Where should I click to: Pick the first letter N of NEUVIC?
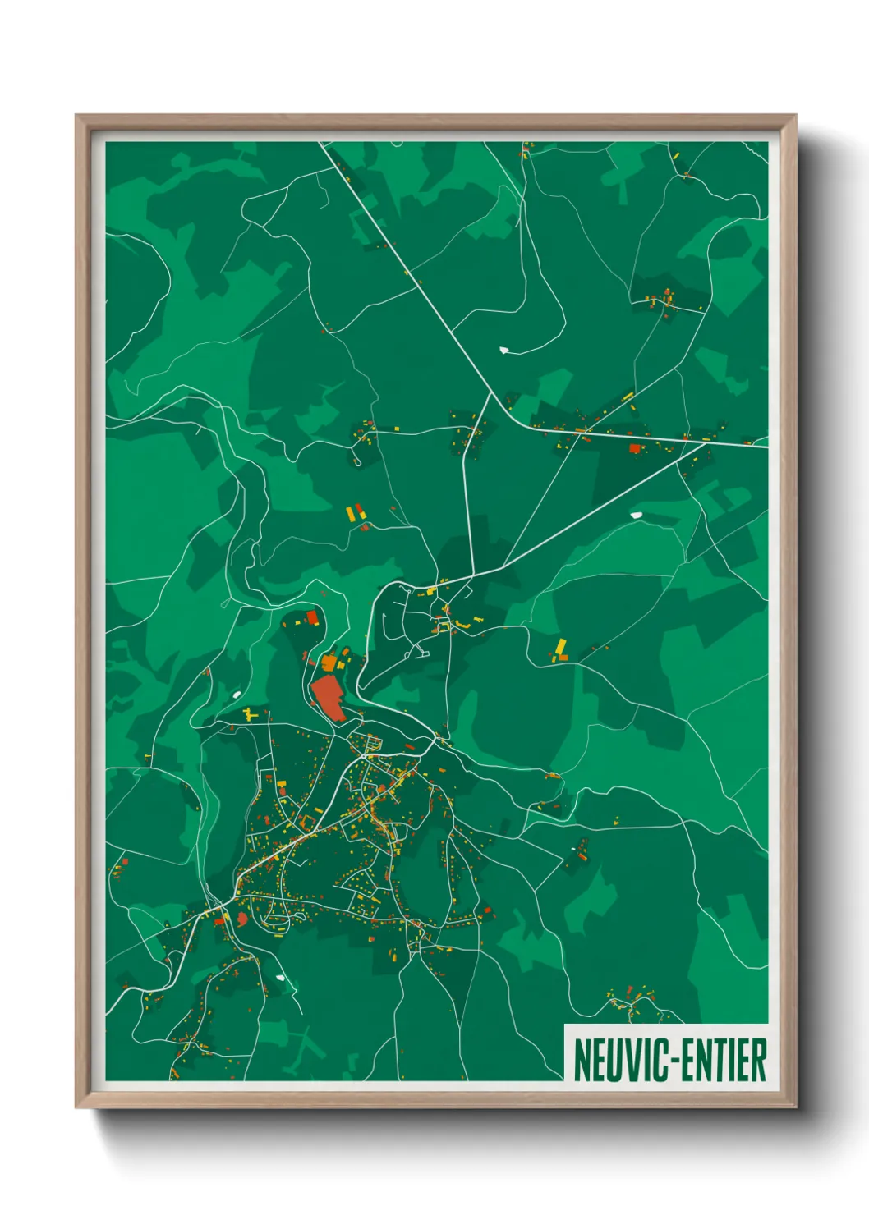click(x=582, y=1060)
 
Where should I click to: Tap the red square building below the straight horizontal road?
click(x=634, y=448)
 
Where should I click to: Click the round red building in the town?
click(x=242, y=919)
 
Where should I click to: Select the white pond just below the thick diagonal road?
click(x=636, y=515)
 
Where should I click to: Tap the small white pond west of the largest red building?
click(x=237, y=695)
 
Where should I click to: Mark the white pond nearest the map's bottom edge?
click(x=282, y=978)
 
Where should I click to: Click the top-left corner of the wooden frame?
click(x=76, y=116)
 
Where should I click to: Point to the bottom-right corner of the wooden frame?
click(x=796, y=1107)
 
